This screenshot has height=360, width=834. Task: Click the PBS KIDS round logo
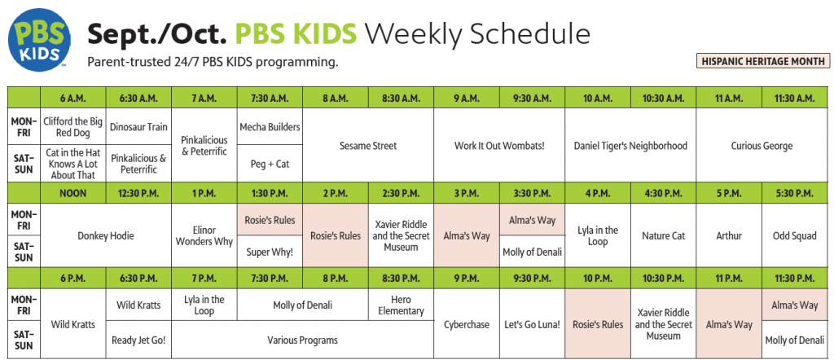click(39, 40)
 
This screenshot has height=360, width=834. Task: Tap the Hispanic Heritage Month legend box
click(763, 61)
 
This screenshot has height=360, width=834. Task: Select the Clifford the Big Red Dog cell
click(72, 126)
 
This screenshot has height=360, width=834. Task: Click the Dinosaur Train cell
click(138, 126)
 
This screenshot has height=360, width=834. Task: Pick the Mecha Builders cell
click(270, 126)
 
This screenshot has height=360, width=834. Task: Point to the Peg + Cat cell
click(270, 164)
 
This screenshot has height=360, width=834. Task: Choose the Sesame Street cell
click(368, 145)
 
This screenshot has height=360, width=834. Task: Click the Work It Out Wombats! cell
click(499, 145)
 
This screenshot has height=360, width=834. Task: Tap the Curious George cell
click(762, 145)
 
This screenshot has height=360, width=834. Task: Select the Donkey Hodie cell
click(106, 235)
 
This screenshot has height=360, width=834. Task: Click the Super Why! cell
click(270, 252)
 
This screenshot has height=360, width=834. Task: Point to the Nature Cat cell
click(663, 235)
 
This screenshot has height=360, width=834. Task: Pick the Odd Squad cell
click(795, 235)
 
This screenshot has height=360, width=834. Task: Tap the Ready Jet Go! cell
click(138, 340)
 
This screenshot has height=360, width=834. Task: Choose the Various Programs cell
click(302, 340)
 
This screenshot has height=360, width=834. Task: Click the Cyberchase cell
click(467, 323)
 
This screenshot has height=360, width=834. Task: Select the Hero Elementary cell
click(401, 305)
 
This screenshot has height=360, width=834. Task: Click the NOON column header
click(72, 194)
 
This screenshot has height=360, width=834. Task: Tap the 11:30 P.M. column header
click(795, 278)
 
